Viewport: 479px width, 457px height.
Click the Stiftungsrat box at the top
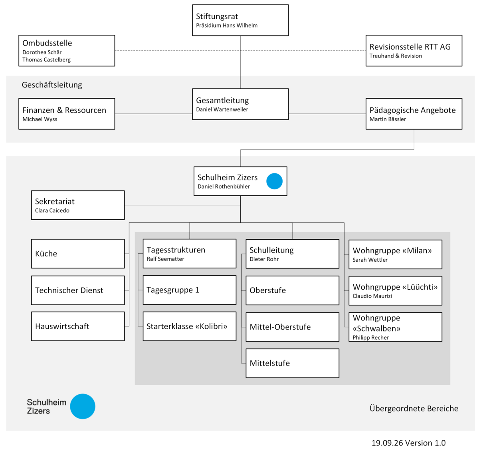240,20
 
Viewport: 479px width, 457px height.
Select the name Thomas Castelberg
47,60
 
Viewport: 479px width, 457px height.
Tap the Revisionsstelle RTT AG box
414,51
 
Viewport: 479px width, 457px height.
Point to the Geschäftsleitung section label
52,85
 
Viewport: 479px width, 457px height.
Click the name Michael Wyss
40,119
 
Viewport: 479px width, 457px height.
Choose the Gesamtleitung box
240,104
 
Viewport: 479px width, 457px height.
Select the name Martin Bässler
388,119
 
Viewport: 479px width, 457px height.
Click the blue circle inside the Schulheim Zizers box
274,181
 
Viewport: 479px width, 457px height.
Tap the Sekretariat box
78,205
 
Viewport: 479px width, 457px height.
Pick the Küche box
78,254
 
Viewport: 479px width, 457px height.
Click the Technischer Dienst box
78,290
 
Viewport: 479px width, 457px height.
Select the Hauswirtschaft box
78,326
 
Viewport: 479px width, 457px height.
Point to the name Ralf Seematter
165,259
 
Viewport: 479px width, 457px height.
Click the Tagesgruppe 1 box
189,290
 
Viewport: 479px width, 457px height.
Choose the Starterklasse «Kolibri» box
189,326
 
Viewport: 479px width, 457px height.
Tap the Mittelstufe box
292,363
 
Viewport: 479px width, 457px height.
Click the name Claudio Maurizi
372,296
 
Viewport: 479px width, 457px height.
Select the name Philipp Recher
370,338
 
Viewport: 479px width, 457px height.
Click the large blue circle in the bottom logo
83,406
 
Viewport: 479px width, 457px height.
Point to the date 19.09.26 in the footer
387,443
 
